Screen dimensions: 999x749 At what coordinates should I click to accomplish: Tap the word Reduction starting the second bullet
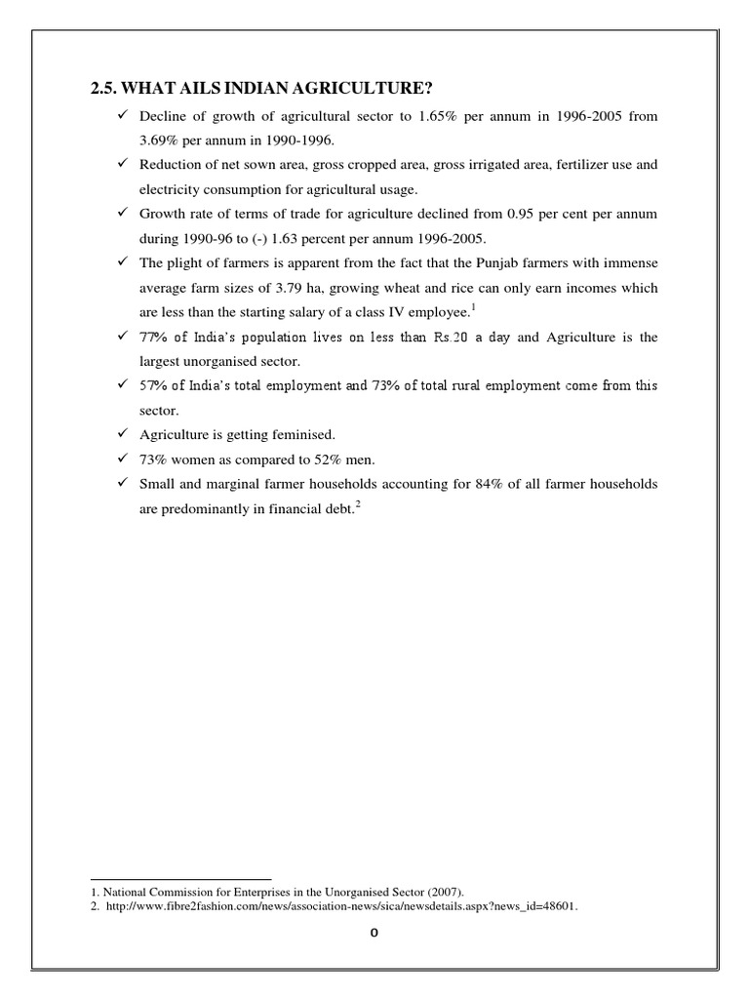coord(172,165)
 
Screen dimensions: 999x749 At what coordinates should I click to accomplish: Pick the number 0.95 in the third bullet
coord(534,213)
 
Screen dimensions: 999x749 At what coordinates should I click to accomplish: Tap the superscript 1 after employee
coord(473,307)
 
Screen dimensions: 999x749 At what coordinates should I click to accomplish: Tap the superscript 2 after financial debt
coord(358,503)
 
